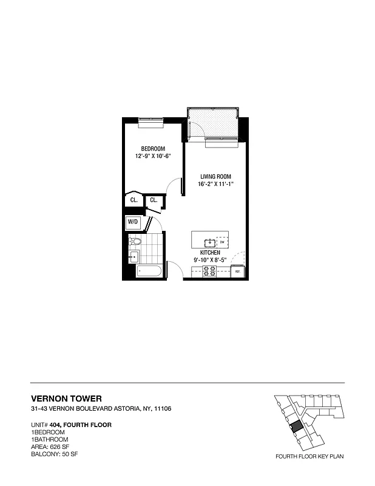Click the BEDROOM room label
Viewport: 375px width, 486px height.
(152, 149)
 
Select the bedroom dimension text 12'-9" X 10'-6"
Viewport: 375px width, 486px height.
(152, 156)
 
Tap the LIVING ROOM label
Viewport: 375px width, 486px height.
(215, 177)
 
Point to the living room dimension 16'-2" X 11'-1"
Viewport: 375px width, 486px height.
(215, 185)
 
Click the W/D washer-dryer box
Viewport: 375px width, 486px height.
(133, 223)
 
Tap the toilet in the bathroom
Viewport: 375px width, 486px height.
(135, 242)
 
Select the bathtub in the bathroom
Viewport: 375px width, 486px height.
(149, 271)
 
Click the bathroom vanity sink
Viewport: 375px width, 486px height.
(133, 257)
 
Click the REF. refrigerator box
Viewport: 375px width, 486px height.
(238, 272)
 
